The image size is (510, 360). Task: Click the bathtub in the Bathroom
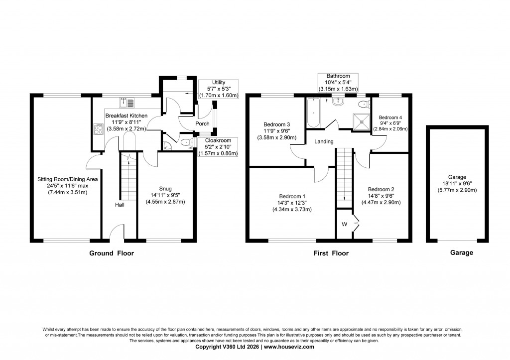314,113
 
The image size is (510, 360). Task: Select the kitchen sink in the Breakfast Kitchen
127,103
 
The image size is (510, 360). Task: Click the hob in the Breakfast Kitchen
98,129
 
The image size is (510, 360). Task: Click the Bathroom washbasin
339,101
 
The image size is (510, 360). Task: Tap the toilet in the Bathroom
364,104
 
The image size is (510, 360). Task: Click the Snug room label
165,188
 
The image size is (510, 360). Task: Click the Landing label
324,142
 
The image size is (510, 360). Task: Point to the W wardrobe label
344,225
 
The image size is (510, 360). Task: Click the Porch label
202,124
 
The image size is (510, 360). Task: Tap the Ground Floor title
112,253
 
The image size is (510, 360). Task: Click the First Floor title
331,253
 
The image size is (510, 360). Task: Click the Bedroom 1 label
292,196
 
